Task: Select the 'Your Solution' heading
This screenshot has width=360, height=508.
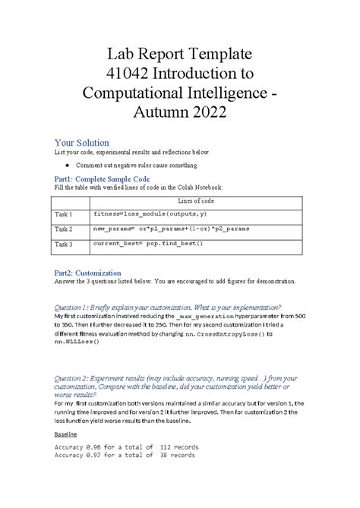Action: [x=82, y=143]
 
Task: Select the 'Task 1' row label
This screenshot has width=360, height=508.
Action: [x=63, y=215]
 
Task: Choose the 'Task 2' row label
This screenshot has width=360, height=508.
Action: [x=63, y=229]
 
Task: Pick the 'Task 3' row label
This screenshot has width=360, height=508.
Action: [x=63, y=245]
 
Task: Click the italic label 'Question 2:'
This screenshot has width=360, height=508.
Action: [x=72, y=377]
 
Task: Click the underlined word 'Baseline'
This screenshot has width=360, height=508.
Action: [x=65, y=435]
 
